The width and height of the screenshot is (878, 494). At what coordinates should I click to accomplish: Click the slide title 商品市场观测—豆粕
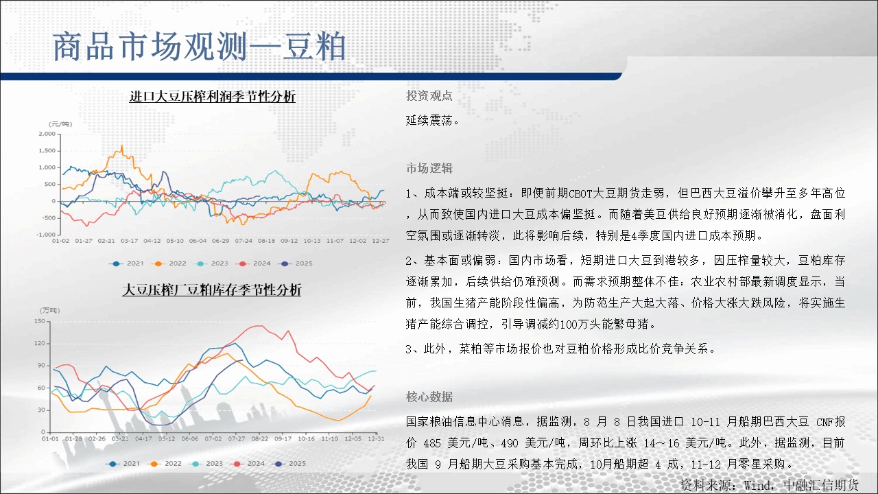pos(200,47)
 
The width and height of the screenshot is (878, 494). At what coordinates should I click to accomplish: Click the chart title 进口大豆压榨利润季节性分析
pos(213,96)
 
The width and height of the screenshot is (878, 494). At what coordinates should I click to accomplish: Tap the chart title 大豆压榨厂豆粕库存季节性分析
pos(212,290)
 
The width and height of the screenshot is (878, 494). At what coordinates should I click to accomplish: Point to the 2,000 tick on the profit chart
pos(47,134)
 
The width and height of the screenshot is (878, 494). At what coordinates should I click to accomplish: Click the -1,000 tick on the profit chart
pos(46,235)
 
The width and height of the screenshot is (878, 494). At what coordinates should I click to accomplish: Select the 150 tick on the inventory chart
pos(40,320)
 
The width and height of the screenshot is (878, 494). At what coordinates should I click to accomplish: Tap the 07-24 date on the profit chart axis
pos(244,241)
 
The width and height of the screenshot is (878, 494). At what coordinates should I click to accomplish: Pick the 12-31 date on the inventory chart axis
pos(376,438)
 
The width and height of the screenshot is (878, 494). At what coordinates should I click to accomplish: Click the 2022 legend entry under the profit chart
pos(171,263)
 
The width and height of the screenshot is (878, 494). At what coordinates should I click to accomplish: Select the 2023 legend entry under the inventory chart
pos(207,463)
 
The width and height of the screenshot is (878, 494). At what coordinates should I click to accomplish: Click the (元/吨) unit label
pos(60,124)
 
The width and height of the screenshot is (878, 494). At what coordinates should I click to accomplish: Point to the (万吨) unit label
pos(50,310)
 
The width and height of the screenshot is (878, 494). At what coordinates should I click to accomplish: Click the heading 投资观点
pos(429,95)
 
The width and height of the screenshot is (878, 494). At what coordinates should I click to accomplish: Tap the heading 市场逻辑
pos(429,168)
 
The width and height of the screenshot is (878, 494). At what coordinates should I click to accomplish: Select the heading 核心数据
pos(429,397)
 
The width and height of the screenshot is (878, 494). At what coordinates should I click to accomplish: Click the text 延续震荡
pos(432,120)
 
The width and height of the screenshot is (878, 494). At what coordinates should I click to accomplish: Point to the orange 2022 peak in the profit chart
pos(122,146)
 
